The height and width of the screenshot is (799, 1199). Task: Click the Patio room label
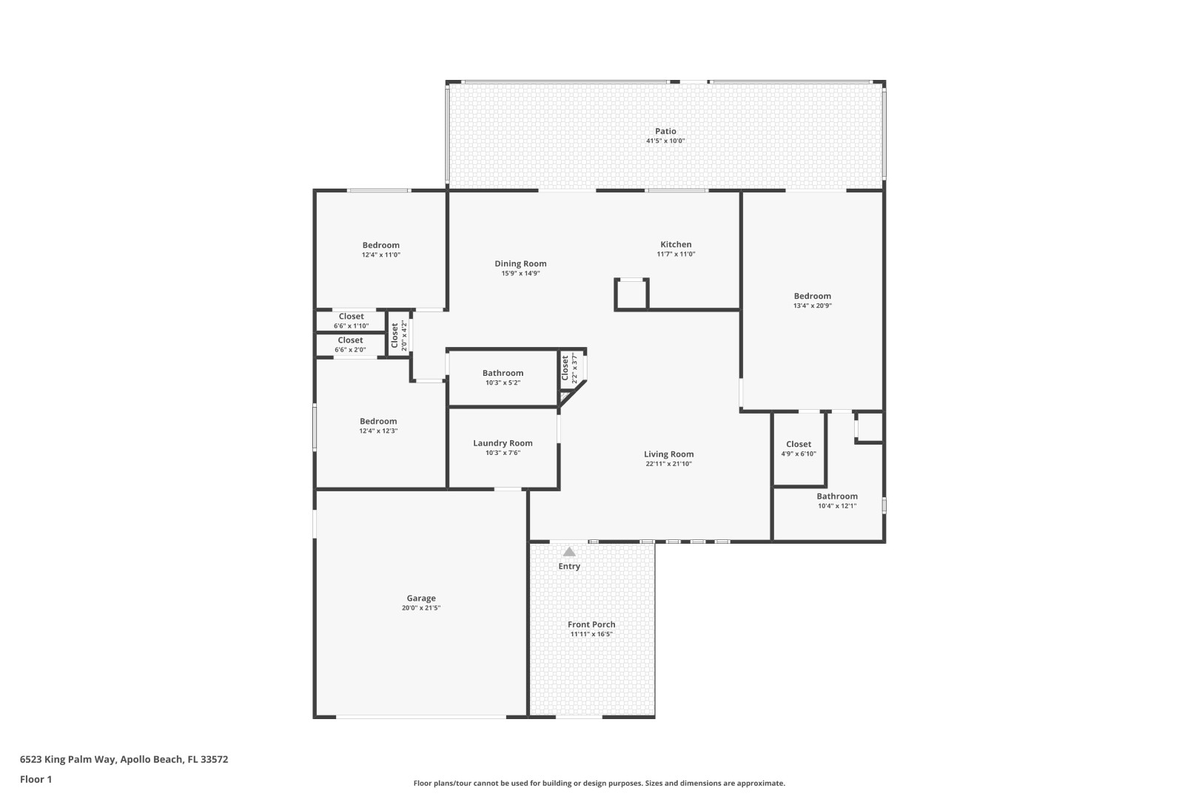tap(665, 131)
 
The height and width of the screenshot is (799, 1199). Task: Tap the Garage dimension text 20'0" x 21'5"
tap(420, 608)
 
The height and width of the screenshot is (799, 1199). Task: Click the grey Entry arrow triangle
tap(569, 552)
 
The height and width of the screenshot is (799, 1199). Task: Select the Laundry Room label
tap(503, 443)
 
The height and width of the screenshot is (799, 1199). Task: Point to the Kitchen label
tap(676, 245)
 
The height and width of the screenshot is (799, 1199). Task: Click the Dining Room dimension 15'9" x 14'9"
tap(520, 274)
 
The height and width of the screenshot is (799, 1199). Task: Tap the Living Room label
tap(668, 454)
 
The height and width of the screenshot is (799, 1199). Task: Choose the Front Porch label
tap(591, 624)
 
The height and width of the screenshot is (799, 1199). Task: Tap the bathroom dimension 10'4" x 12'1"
tap(837, 506)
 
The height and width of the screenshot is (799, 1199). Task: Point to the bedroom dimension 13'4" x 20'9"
tap(813, 306)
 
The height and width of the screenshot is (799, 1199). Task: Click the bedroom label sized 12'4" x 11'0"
tap(380, 245)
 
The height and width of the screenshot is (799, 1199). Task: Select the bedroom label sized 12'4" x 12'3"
tap(378, 421)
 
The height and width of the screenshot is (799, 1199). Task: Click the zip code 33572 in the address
tap(214, 759)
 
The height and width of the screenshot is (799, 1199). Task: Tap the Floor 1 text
tap(36, 779)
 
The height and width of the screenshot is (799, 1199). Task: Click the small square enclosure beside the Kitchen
tap(631, 294)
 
